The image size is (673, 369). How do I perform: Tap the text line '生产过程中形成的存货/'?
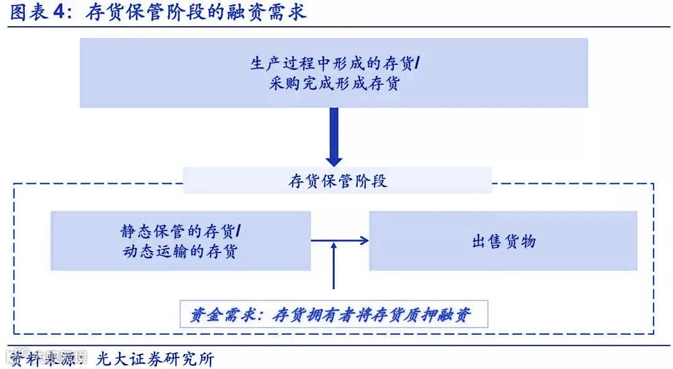coord(334,64)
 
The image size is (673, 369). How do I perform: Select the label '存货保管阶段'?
coord(337,181)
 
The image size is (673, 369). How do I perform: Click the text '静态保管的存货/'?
coord(181,231)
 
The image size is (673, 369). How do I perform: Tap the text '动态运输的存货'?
coord(181,251)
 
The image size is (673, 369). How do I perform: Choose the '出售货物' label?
coord(504,241)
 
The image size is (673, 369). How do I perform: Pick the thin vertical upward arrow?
coord(334,265)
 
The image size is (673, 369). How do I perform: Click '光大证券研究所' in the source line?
coord(155,359)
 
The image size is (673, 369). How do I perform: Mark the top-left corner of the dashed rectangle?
coord(14,184)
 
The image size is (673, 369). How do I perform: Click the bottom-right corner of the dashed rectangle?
coord(654,333)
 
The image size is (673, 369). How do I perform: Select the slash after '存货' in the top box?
coord(417,64)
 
